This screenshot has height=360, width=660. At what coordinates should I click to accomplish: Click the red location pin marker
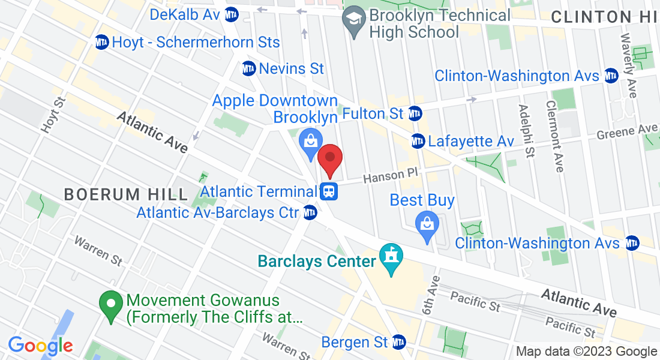pos(329,159)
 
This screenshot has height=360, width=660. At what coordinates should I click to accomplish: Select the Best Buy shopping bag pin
pos(427,226)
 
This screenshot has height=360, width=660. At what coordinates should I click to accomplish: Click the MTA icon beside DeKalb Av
pos(231,14)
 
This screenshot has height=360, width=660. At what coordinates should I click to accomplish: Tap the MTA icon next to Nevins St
pos(249,68)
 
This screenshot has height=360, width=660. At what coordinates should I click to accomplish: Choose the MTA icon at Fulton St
pos(414,113)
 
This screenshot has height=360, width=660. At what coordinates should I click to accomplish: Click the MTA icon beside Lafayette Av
pos(418,142)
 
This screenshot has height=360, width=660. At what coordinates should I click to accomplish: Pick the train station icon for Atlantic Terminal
pos(329,191)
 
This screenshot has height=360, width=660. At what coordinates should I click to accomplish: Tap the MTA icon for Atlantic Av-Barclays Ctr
pos(310,212)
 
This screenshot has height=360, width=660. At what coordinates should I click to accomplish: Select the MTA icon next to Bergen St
pos(398,342)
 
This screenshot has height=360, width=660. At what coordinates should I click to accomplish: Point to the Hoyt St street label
pos(52,115)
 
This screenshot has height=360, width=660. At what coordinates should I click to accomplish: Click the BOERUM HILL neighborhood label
pos(126,194)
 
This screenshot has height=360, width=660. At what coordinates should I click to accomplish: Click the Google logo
pos(40,346)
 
